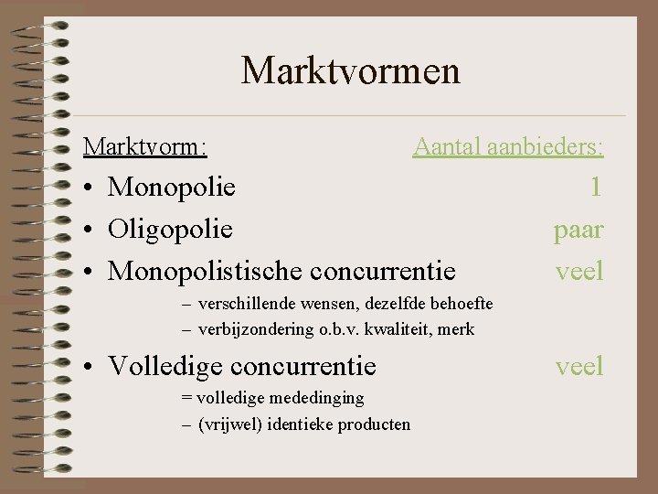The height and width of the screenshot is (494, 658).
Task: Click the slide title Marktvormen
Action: click(350, 70)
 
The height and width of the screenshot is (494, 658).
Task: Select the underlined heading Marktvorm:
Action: click(144, 146)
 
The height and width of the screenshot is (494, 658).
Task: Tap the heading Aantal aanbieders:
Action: click(508, 146)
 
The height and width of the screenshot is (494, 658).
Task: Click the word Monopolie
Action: click(172, 188)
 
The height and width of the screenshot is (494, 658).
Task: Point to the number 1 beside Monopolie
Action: click(596, 188)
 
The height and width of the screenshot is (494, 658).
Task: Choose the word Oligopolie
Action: click(170, 229)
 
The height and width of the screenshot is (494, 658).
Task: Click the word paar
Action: click(578, 229)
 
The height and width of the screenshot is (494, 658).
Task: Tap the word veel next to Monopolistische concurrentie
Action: click(579, 270)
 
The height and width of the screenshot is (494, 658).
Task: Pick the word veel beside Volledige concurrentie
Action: click(579, 366)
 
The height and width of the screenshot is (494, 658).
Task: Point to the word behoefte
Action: click(460, 303)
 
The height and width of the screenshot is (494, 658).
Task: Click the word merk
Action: click(460, 328)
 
